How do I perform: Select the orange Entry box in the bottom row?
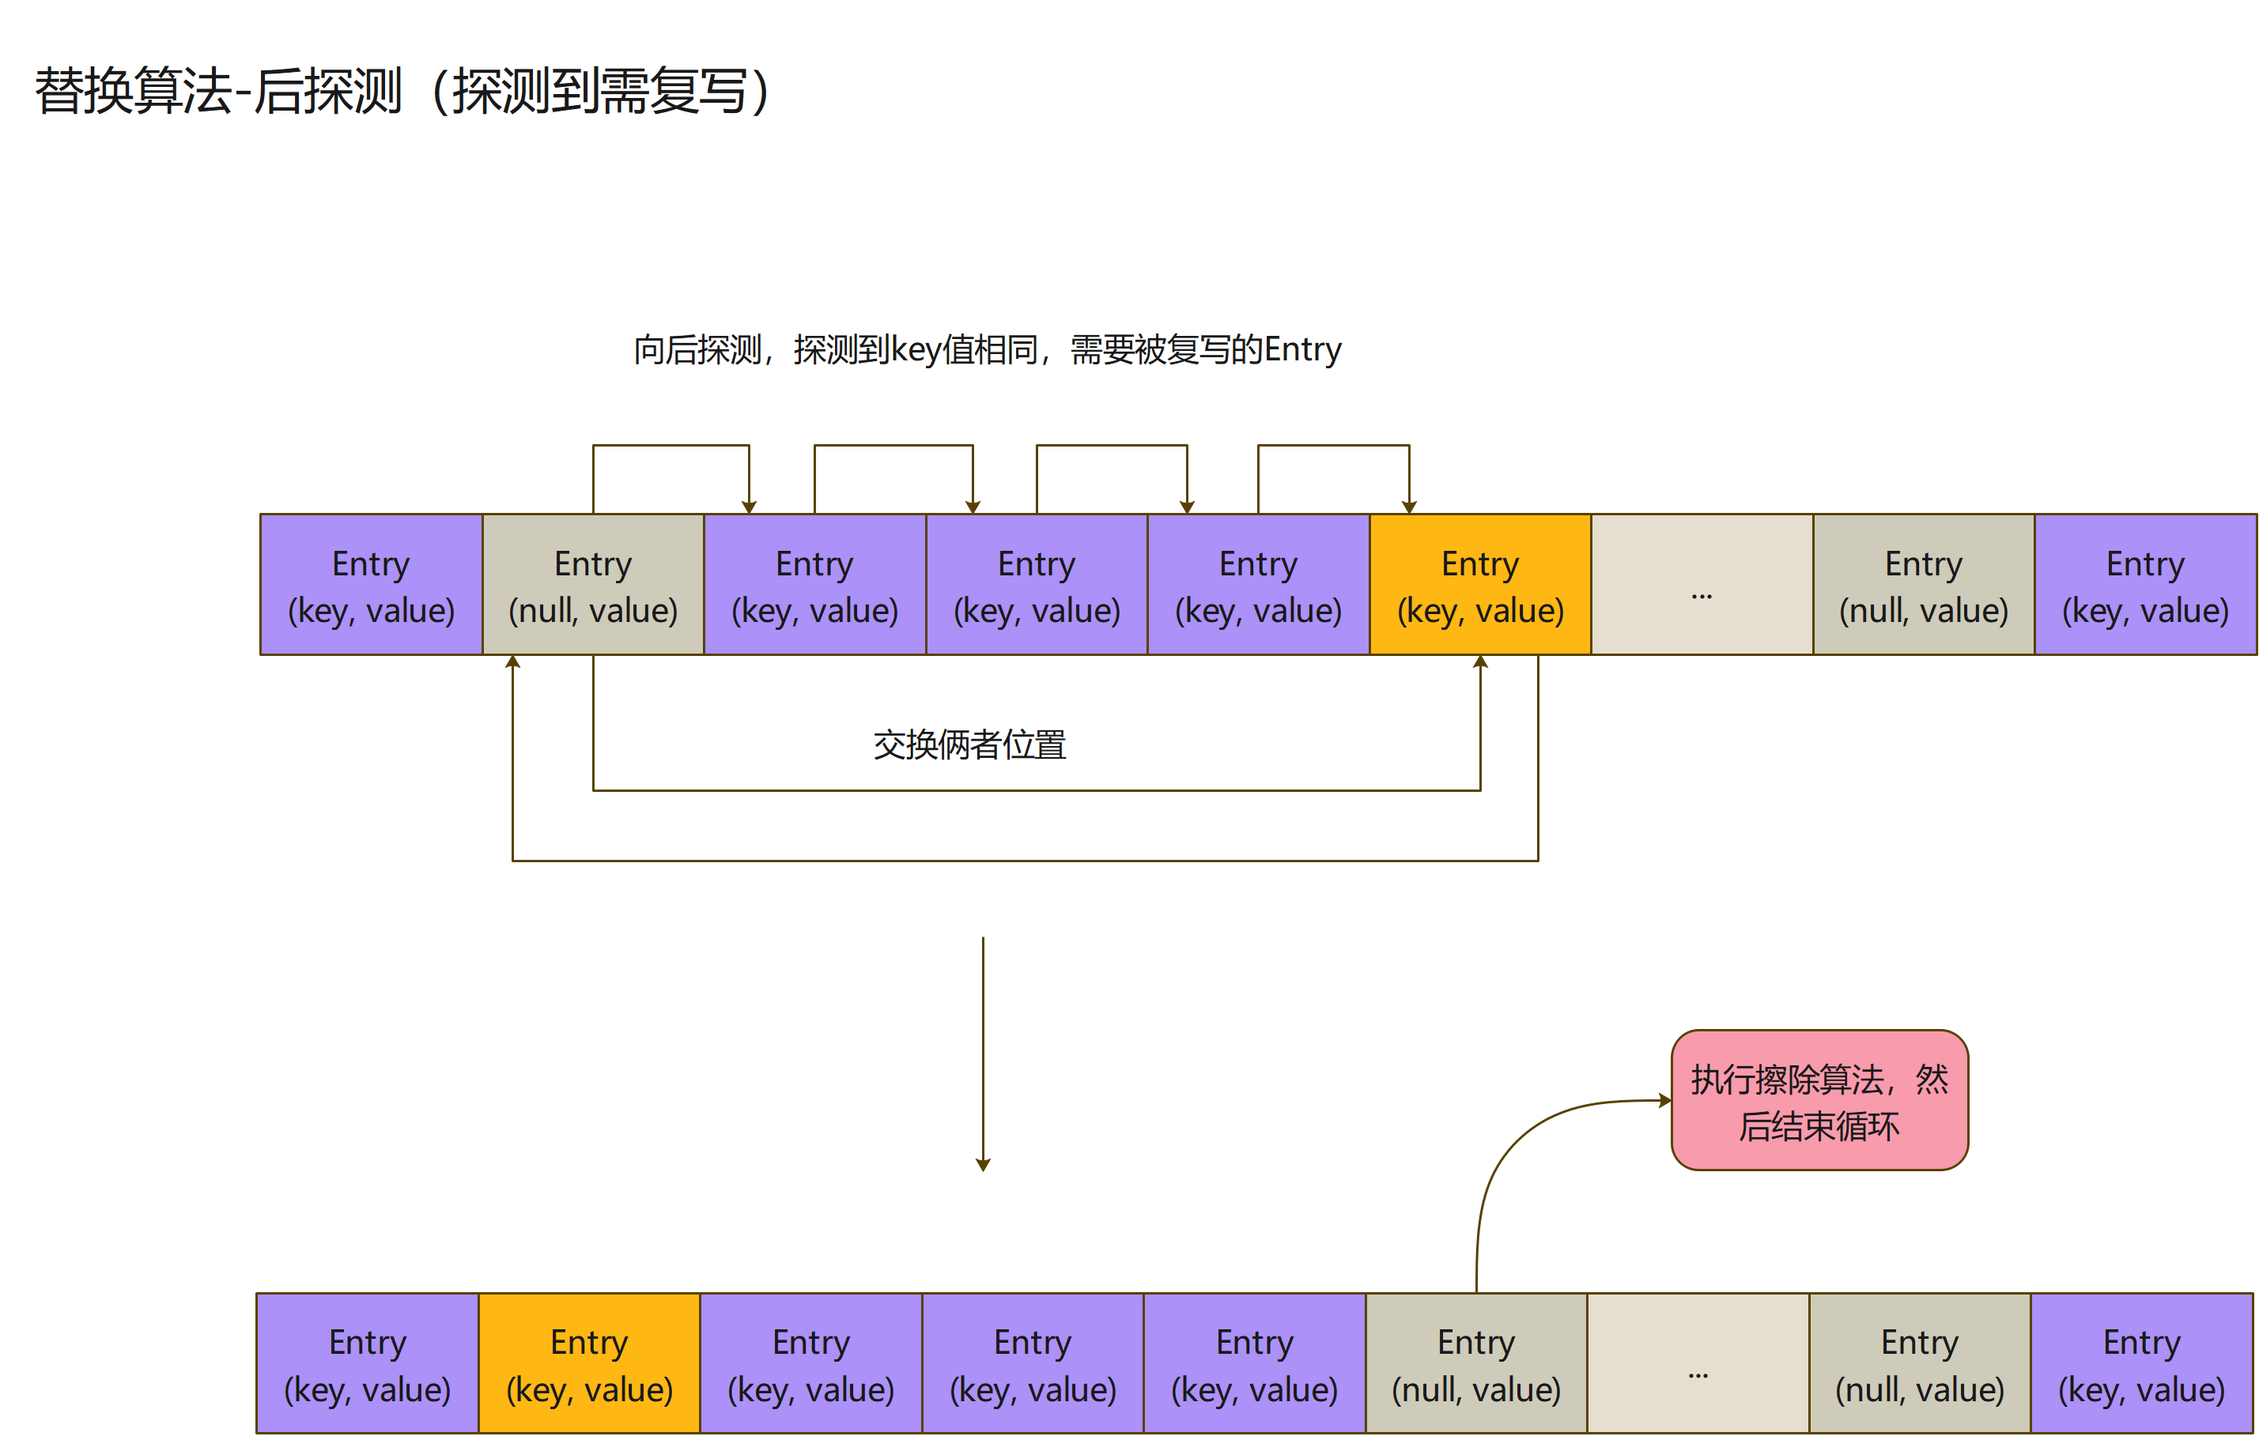point(589,1364)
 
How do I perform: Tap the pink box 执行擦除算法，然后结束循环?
point(1819,1100)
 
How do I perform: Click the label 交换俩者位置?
point(969,744)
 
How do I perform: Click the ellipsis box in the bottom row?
point(1698,1364)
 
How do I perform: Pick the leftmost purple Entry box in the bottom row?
point(368,1364)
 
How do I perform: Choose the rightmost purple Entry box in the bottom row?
point(2141,1364)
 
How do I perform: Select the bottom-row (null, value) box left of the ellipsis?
point(1475,1364)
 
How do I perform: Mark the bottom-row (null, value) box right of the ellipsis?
point(1920,1364)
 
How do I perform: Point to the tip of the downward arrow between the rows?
point(983,1165)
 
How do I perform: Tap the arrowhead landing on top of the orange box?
point(1409,507)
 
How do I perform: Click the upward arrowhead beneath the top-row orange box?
point(1480,662)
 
